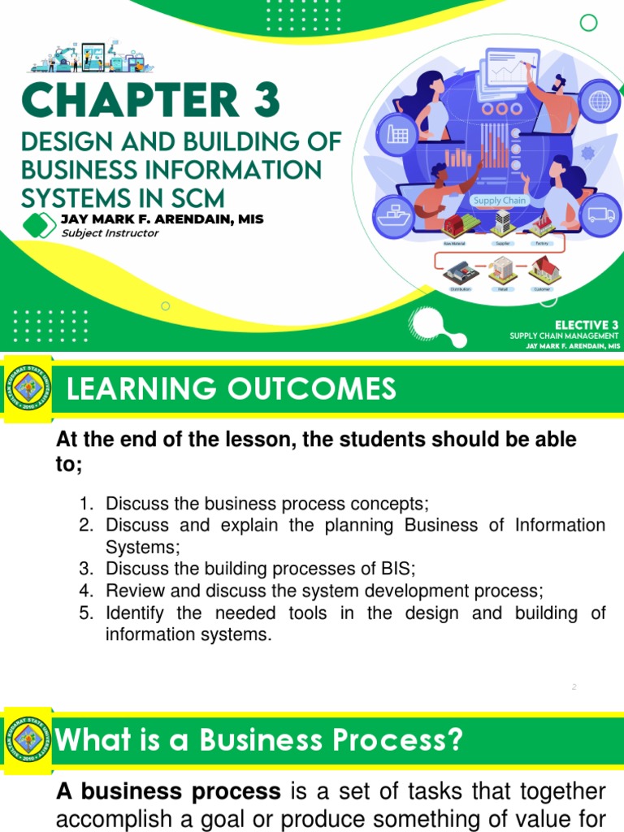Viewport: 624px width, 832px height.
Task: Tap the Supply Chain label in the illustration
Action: pyautogui.click(x=500, y=201)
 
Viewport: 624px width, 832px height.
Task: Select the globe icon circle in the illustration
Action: pyautogui.click(x=600, y=102)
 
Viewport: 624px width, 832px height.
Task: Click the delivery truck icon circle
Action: pyautogui.click(x=600, y=215)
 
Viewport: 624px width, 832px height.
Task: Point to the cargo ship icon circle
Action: pyautogui.click(x=394, y=215)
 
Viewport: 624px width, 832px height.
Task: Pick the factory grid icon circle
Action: pyautogui.click(x=397, y=134)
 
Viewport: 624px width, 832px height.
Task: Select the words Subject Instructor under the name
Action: pyautogui.click(x=110, y=233)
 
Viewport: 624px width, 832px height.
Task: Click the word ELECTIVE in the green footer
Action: pyautogui.click(x=574, y=325)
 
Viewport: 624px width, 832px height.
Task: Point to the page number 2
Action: pyautogui.click(x=574, y=687)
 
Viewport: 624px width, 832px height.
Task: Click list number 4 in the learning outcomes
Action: pyautogui.click(x=86, y=591)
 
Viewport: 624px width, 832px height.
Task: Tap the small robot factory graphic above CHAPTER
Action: pyautogui.click(x=86, y=55)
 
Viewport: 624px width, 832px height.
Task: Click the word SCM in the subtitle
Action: pyautogui.click(x=189, y=197)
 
